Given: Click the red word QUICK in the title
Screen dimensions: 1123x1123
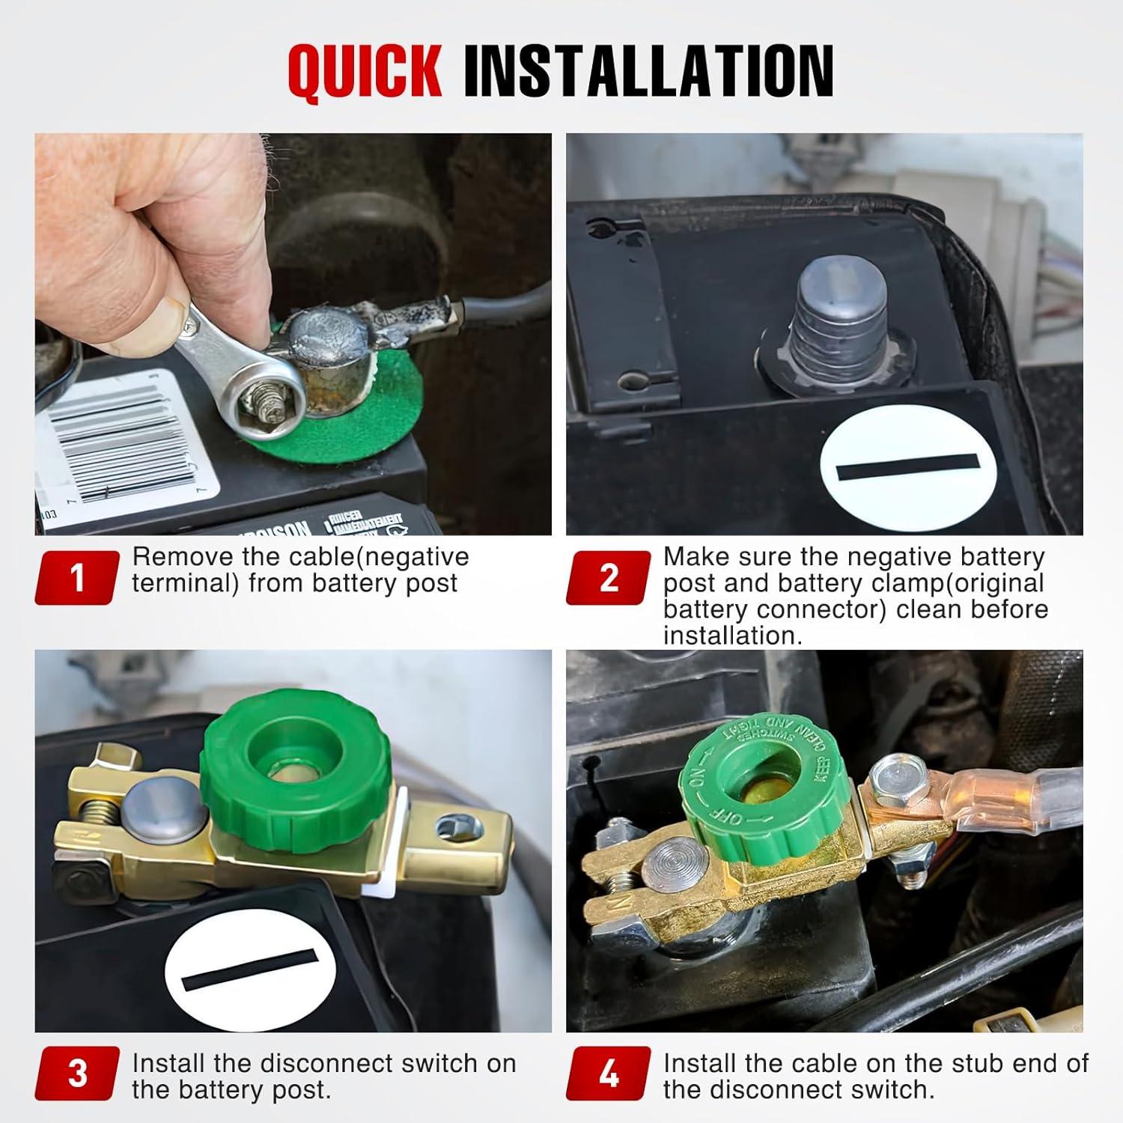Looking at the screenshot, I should pos(365,73).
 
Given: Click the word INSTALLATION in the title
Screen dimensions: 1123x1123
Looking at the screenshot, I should pos(648,73).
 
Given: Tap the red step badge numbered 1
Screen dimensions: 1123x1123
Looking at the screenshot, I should pos(77,578).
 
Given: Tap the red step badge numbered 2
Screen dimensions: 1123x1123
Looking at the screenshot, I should pos(609,578).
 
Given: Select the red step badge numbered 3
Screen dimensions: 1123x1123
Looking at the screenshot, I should pos(77,1074).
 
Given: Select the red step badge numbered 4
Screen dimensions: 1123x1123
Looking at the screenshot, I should pos(609,1074).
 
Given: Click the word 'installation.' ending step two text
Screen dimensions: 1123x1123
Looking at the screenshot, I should pos(733,636).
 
